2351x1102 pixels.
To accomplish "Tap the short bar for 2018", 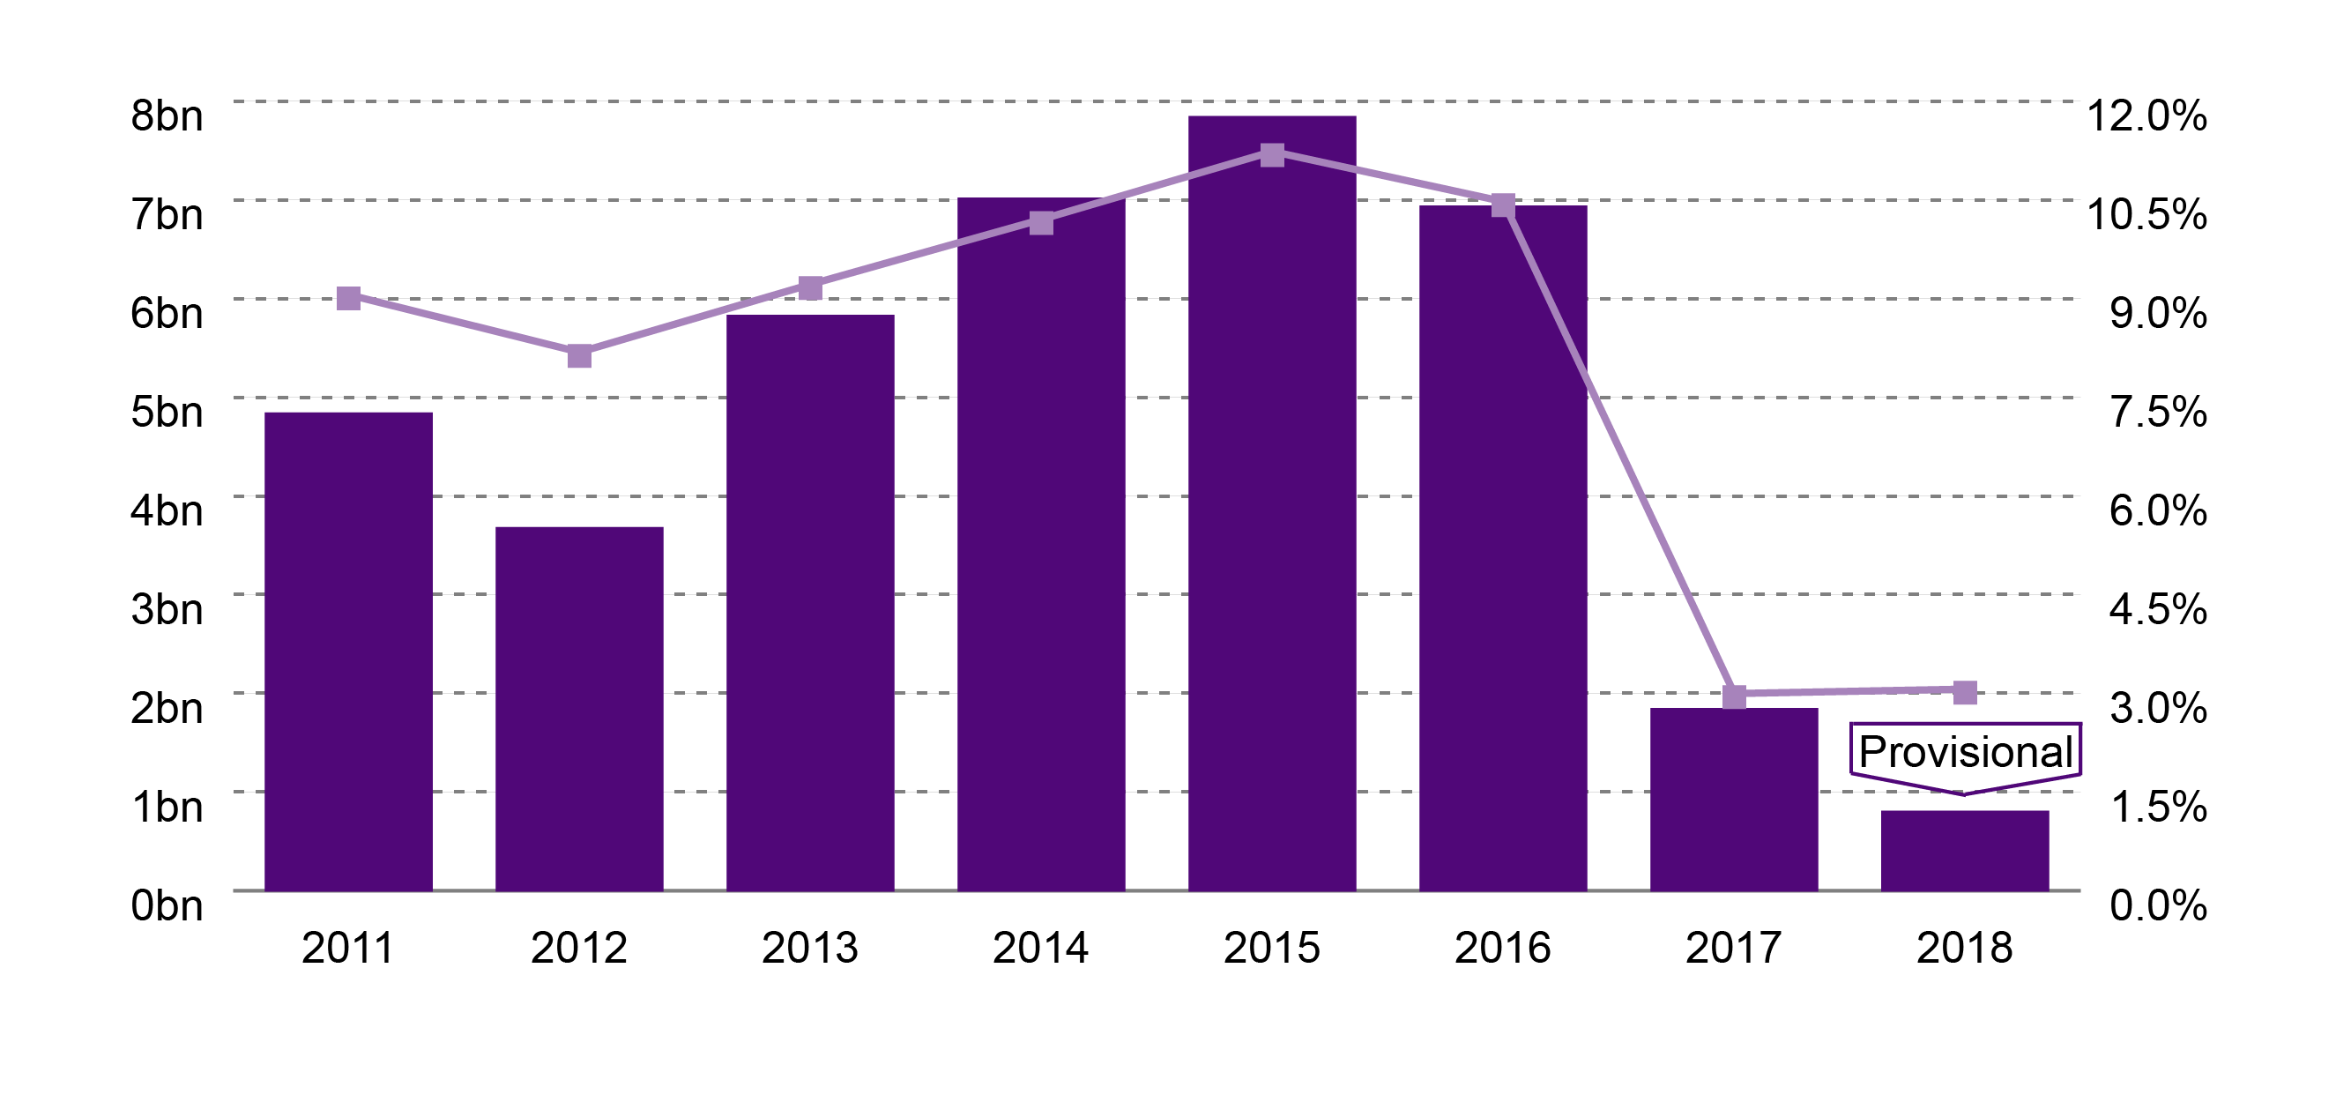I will pos(1964,850).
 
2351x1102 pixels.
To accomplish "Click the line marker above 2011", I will pos(347,298).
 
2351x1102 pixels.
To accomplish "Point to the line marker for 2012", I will pos(578,355).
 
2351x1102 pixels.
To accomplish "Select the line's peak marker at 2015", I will pos(1271,154).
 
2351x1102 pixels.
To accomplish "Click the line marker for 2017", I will pos(1733,696).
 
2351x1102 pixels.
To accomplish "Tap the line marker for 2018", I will pos(1964,692).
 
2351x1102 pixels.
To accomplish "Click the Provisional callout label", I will pos(1965,751).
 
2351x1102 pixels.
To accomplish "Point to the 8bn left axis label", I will pos(166,116).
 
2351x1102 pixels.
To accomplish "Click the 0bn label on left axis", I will pos(166,905).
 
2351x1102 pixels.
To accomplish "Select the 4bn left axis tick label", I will pos(166,510).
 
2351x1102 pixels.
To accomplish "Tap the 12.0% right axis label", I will pos(2146,116).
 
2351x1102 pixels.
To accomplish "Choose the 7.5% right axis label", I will pos(2158,412).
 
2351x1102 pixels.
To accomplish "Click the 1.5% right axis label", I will pos(2158,806).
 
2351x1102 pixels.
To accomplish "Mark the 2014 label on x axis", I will pos(1040,948).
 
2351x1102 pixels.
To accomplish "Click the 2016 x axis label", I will pos(1502,948).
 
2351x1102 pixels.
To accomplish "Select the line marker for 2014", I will pos(1040,223).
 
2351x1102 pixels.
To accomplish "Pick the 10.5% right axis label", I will pos(2146,214).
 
